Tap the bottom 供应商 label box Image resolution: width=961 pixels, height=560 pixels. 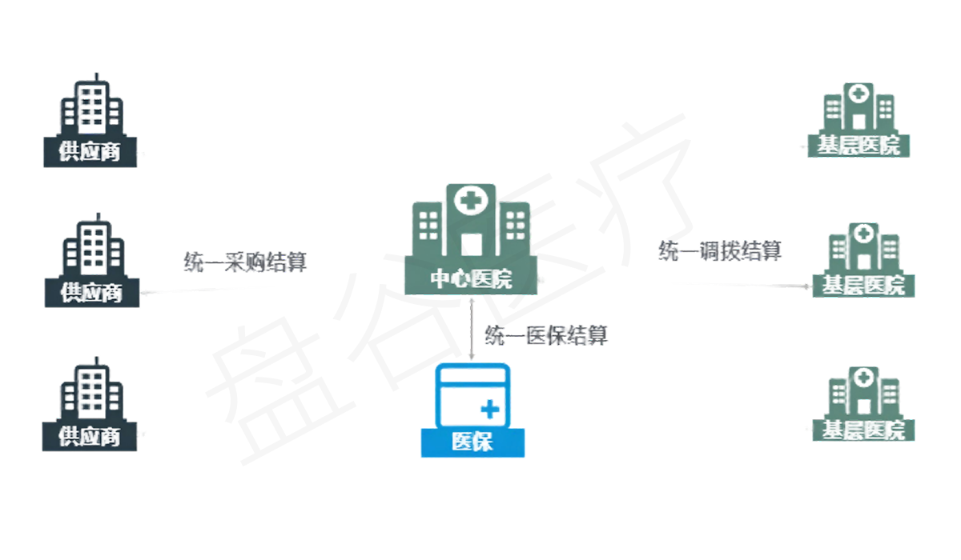(90, 437)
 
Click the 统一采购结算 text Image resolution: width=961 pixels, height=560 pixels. (245, 262)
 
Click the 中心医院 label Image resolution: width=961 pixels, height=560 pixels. (472, 279)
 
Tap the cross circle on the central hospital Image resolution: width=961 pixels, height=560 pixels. (471, 200)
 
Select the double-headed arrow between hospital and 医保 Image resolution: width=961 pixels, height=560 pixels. (472, 328)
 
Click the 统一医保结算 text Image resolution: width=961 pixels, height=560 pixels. (546, 335)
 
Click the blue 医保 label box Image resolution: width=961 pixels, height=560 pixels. (472, 442)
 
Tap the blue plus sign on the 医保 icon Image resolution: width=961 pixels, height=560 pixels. (489, 410)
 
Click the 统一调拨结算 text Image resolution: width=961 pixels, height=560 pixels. (719, 250)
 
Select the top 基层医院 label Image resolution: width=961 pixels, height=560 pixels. (859, 146)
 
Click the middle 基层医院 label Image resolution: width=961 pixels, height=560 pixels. (863, 286)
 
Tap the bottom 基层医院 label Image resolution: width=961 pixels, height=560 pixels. (863, 430)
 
